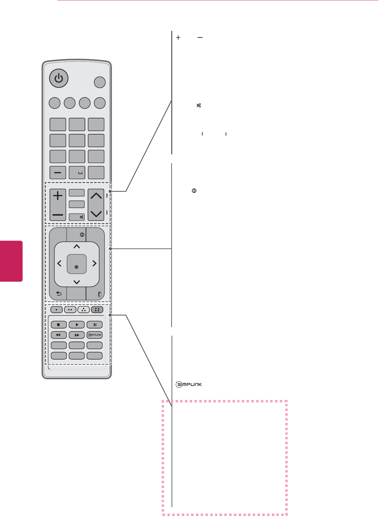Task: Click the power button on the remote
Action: (x=59, y=79)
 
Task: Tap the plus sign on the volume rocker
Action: (x=58, y=196)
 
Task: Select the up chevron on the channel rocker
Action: (x=96, y=196)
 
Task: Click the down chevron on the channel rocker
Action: (x=96, y=214)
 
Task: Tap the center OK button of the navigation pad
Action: (x=76, y=264)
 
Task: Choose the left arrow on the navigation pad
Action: (x=59, y=263)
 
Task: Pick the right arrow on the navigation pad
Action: (x=94, y=263)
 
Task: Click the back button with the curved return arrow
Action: (x=59, y=294)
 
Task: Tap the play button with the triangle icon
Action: (x=77, y=325)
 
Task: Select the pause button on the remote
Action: (x=95, y=325)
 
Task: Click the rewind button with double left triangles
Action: (x=59, y=335)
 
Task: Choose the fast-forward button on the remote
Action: (x=77, y=335)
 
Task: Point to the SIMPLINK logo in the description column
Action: (x=189, y=385)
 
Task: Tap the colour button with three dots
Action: (x=84, y=310)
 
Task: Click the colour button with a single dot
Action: (x=57, y=310)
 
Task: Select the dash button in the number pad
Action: (x=58, y=173)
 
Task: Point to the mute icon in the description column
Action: (x=198, y=106)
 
